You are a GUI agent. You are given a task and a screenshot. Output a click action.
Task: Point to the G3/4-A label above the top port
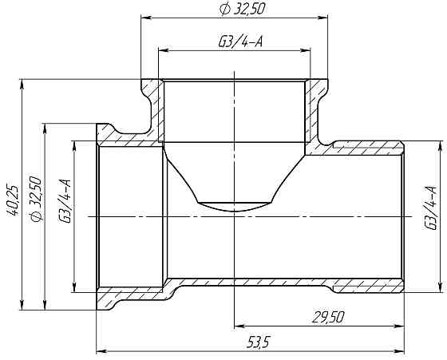[239, 42]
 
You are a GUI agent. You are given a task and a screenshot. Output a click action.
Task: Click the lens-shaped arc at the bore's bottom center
[233, 205]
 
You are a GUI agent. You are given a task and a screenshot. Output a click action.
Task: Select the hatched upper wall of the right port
[367, 148]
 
